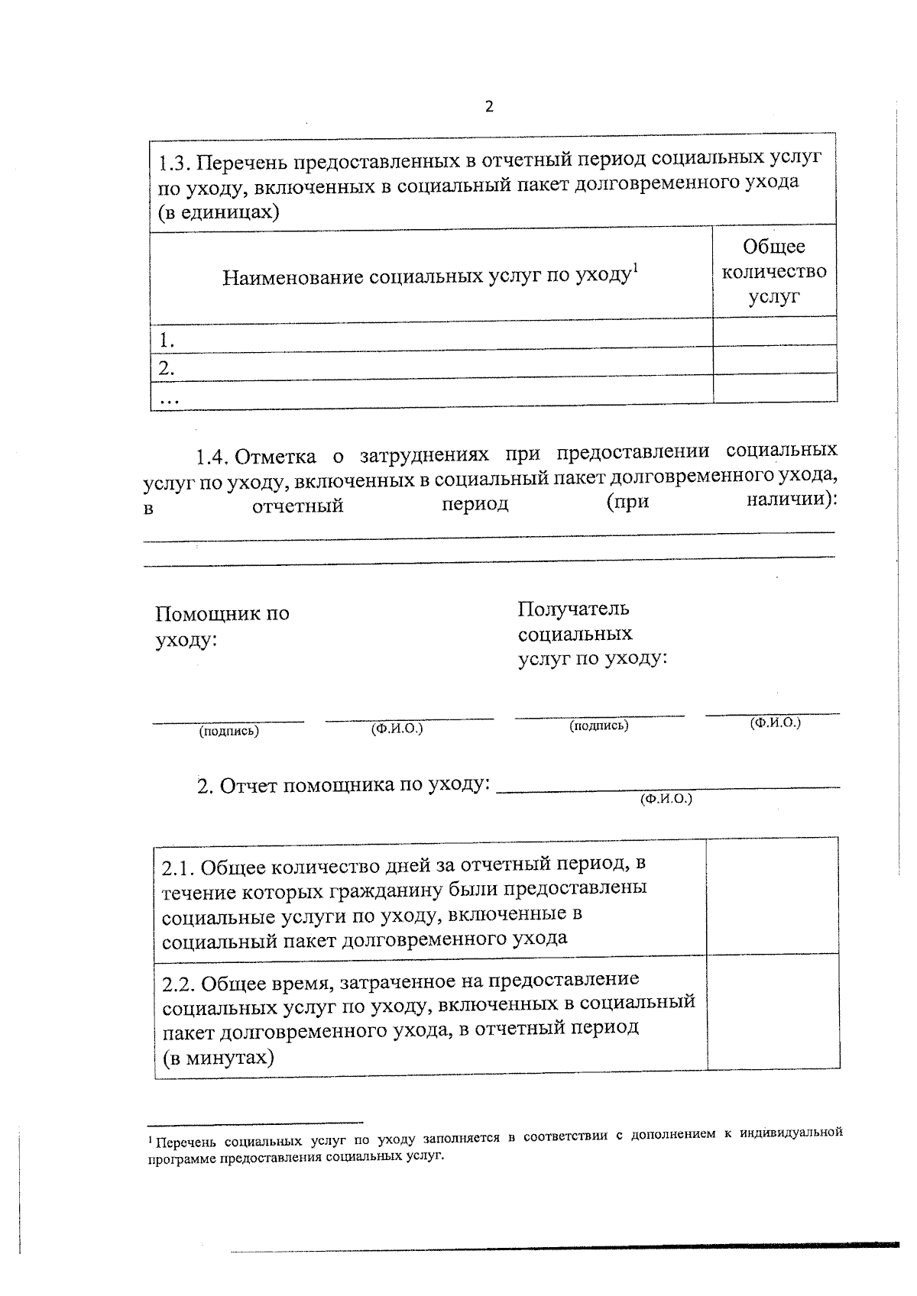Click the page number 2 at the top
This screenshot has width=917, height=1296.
[489, 107]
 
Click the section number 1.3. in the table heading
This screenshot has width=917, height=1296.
[177, 163]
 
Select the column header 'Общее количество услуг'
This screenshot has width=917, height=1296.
[774, 271]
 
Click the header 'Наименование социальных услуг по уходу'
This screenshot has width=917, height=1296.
[429, 276]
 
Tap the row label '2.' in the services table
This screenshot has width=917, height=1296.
[167, 368]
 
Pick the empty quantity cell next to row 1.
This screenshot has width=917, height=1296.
[774, 331]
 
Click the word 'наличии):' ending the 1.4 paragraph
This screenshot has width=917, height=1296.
[791, 499]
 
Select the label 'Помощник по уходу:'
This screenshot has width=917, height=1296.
[222, 625]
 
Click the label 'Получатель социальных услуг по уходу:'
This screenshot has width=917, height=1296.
[591, 634]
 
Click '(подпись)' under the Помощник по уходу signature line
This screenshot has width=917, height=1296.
[228, 731]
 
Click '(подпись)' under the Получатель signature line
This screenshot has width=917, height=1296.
[598, 726]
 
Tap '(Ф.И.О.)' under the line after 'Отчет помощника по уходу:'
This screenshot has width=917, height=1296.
[666, 799]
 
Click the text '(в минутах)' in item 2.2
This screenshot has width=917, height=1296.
[219, 1058]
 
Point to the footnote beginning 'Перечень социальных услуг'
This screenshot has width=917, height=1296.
[494, 1143]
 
